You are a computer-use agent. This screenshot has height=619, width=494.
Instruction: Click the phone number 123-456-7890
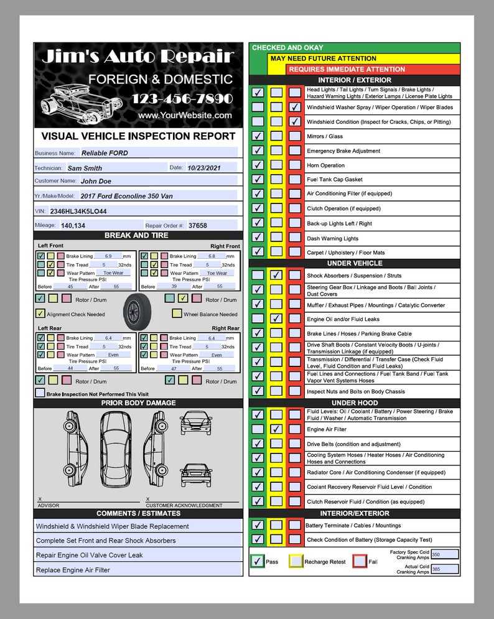pos(182,99)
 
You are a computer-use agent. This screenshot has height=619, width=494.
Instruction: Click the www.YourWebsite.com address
pos(185,116)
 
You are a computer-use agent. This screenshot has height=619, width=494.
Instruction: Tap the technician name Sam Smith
pos(85,168)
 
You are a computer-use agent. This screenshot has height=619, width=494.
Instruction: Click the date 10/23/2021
pos(204,168)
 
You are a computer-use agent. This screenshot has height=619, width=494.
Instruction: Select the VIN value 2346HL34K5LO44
pos(78,212)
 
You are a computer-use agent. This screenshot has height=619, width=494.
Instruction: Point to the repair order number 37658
pos(198,226)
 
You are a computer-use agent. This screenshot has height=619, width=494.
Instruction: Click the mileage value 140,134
pos(73,226)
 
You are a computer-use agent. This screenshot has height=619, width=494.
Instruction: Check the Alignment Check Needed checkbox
pos(40,314)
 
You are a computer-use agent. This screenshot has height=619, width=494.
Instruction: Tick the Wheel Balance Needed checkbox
pos(177,314)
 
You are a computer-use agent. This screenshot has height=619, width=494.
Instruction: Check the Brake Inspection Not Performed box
pos(40,393)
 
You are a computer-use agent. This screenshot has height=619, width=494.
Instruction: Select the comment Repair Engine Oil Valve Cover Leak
pos(90,555)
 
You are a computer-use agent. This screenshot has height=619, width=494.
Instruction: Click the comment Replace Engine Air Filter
pos(73,570)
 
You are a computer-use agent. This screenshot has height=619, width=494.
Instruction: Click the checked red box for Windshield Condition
pos(295,122)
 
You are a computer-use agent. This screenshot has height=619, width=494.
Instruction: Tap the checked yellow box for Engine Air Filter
pos(277,429)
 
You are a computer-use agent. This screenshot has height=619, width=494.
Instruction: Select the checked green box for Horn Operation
pos(258,165)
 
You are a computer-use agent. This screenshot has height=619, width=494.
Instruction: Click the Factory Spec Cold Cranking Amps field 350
pos(444,554)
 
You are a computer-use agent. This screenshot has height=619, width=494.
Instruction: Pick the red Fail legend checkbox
pos(359,561)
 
